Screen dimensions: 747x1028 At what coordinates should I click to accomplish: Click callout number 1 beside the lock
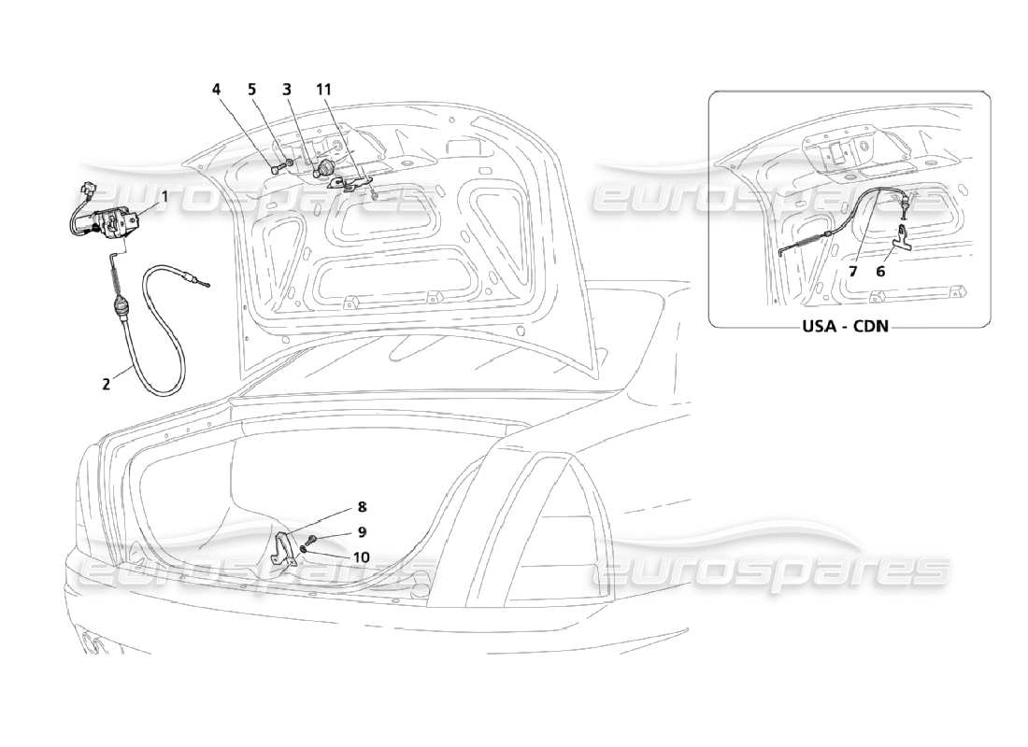(x=164, y=196)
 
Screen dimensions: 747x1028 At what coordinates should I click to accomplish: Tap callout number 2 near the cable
(x=107, y=382)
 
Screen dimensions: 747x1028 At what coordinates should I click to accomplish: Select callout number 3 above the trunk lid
(x=287, y=90)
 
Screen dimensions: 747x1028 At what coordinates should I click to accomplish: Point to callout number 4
(x=217, y=90)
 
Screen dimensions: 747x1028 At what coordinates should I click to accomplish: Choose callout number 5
(x=251, y=90)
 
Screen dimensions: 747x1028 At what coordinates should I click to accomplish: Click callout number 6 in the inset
(x=880, y=271)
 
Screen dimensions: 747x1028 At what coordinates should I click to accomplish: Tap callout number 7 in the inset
(x=852, y=271)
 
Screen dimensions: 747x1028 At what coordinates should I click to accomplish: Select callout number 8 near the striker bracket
(x=361, y=507)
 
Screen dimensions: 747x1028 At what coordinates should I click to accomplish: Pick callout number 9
(x=361, y=532)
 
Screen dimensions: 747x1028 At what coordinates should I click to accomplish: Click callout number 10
(x=361, y=557)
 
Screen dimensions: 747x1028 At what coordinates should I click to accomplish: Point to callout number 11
(x=323, y=90)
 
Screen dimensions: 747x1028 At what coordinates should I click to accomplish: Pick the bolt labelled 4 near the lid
(x=271, y=170)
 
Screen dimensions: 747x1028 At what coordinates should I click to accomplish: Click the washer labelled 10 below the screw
(x=306, y=550)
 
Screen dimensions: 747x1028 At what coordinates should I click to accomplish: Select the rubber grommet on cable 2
(x=121, y=305)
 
